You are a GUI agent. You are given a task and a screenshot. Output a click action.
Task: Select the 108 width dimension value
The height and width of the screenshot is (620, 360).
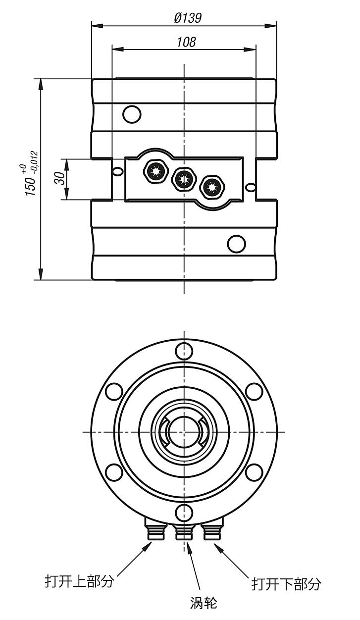[x=186, y=42]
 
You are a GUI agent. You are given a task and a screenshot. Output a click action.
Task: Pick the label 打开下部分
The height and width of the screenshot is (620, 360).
[x=286, y=584]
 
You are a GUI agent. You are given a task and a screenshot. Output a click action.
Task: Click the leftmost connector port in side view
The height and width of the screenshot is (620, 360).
[x=154, y=172]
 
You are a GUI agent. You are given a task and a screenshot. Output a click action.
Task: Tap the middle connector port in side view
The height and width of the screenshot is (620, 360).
[x=183, y=179]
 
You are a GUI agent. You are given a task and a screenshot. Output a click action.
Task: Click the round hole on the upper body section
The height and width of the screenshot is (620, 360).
[x=132, y=114]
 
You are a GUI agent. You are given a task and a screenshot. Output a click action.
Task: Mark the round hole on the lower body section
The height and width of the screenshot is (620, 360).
[x=236, y=244]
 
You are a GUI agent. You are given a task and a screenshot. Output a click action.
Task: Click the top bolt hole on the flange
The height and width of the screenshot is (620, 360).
[x=184, y=351]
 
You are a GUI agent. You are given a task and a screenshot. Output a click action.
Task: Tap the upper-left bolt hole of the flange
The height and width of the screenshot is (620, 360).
[x=114, y=391]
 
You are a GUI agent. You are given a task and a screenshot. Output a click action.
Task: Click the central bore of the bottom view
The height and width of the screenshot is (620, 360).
[x=184, y=431]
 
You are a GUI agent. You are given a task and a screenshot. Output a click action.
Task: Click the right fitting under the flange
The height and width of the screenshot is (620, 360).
[x=212, y=532]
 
